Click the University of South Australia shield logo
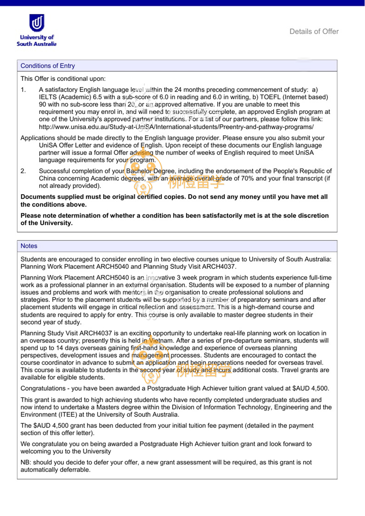tap(37, 23)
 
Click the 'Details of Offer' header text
tap(314, 32)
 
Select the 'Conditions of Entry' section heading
tap(48, 66)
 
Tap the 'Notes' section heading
tap(29, 246)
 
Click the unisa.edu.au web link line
tap(176, 127)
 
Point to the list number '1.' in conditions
tap(23, 90)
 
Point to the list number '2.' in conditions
tap(23, 171)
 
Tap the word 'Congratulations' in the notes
tap(43, 389)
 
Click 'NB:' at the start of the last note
tap(26, 463)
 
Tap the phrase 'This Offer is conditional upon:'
tap(63, 79)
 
